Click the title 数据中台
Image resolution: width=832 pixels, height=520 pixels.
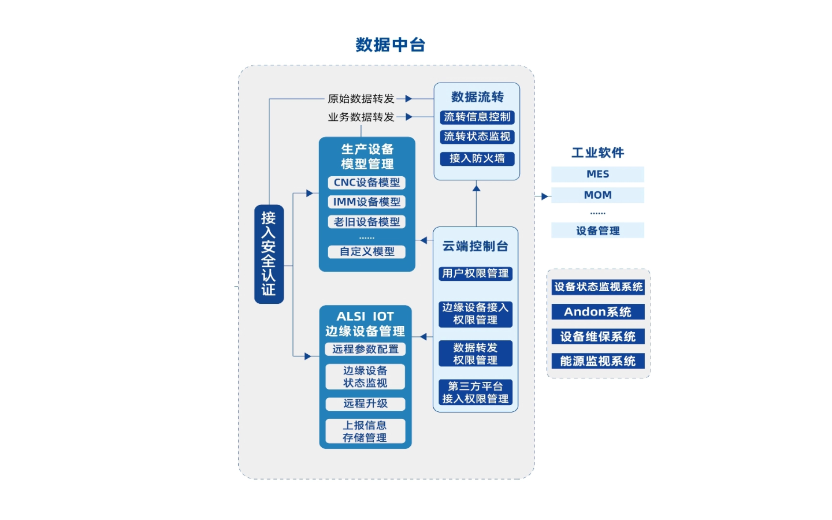[x=390, y=44]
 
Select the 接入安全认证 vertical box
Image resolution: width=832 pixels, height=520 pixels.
[x=269, y=254]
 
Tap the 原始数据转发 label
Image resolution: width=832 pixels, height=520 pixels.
[x=361, y=99]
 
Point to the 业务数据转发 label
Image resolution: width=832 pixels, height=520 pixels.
[x=361, y=117]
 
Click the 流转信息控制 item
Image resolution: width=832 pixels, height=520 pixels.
[x=477, y=117]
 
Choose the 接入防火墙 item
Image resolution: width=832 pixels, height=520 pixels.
[x=477, y=158]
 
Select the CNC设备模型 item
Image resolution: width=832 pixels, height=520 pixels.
[x=366, y=183]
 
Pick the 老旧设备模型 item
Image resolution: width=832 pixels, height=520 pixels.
[x=366, y=222]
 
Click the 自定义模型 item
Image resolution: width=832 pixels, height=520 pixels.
[x=366, y=252]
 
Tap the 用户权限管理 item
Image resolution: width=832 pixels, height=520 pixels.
[x=475, y=273]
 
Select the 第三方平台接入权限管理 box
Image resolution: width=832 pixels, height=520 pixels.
[x=475, y=392]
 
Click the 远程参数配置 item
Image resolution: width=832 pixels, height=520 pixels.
[x=365, y=350]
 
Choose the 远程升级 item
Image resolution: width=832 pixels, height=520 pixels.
[x=365, y=404]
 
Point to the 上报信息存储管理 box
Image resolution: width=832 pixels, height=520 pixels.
[x=365, y=431]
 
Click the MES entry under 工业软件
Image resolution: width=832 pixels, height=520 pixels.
[x=597, y=174]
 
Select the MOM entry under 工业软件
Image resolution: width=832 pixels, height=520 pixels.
[x=597, y=195]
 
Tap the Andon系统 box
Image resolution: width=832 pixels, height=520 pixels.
[x=597, y=312]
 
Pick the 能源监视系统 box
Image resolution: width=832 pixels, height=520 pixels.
[x=597, y=361]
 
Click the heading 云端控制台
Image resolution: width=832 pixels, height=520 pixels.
[x=475, y=246]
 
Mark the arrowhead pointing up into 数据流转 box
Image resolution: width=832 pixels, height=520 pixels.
[x=476, y=187]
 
